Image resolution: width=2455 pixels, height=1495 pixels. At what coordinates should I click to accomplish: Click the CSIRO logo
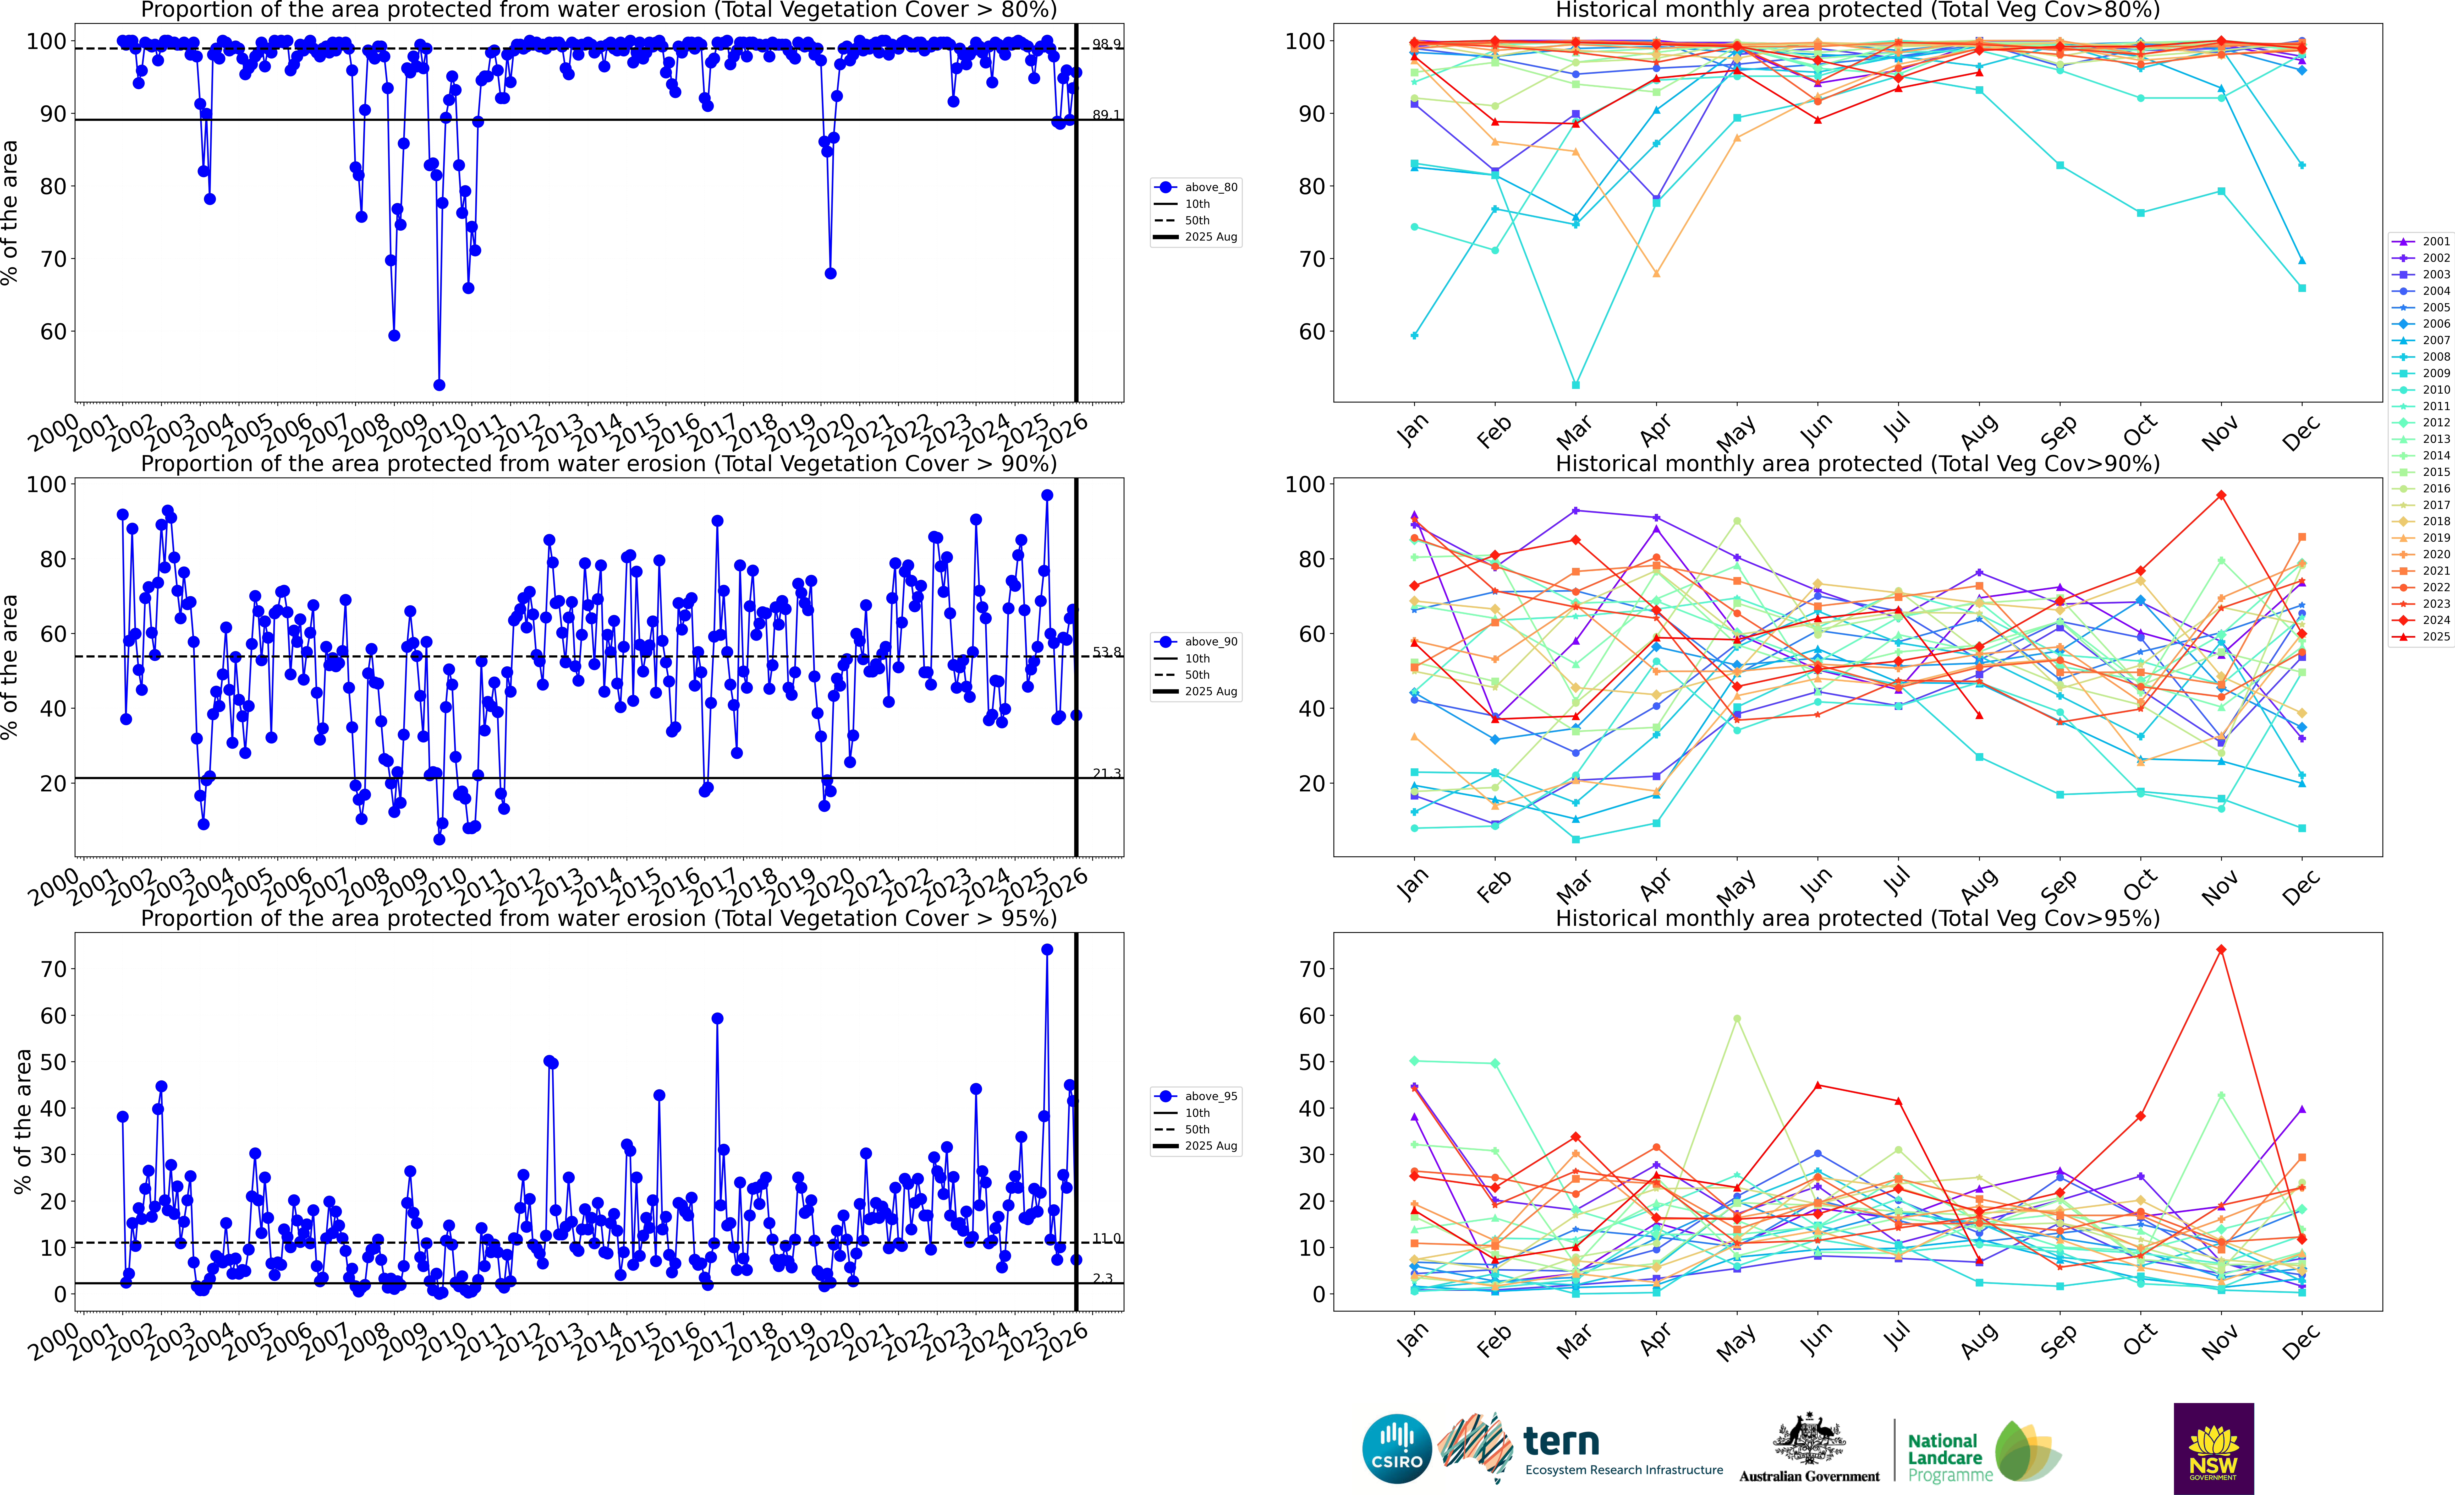[x=1397, y=1448]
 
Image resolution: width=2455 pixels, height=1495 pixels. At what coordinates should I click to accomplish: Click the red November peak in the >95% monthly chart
[x=2221, y=950]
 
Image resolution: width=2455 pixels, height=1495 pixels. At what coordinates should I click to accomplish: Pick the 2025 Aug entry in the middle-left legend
[x=1211, y=692]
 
